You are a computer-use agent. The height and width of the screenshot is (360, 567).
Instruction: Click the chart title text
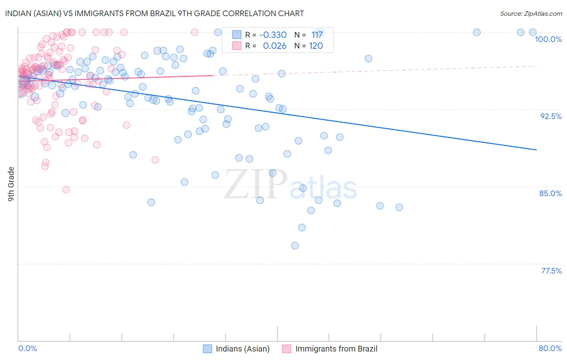[154, 13]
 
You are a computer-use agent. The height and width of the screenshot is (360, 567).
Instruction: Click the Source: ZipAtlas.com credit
[531, 13]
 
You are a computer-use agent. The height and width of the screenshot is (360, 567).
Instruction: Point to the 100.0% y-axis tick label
[548, 39]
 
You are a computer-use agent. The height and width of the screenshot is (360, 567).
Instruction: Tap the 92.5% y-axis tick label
[551, 116]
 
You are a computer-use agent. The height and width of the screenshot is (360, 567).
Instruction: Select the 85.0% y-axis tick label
[550, 193]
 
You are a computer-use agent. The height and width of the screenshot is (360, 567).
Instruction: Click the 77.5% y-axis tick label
[551, 271]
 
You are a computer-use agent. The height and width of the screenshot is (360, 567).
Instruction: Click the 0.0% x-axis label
[27, 348]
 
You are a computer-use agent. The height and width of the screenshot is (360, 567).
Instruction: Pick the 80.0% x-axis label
[550, 348]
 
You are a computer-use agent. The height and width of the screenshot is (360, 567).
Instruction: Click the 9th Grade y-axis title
[11, 184]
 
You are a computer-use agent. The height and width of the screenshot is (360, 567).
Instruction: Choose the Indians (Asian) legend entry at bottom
[242, 349]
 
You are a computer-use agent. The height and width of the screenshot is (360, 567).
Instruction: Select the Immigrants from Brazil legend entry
[336, 349]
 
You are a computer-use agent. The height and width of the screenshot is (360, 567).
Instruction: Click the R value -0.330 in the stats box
[273, 35]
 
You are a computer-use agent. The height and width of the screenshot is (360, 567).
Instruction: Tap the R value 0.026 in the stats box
[275, 46]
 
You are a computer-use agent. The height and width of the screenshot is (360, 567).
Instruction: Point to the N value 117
[317, 35]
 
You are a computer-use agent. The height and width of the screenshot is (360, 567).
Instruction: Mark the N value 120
[316, 46]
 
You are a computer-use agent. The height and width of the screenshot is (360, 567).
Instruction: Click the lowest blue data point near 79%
[295, 246]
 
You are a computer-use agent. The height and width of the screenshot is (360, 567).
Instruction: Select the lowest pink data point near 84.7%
[66, 190]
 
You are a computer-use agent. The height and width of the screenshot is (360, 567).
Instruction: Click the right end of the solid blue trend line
[536, 150]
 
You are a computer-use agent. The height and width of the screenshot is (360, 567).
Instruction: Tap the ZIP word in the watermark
[255, 184]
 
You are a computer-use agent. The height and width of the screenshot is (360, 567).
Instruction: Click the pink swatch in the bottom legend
[287, 349]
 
